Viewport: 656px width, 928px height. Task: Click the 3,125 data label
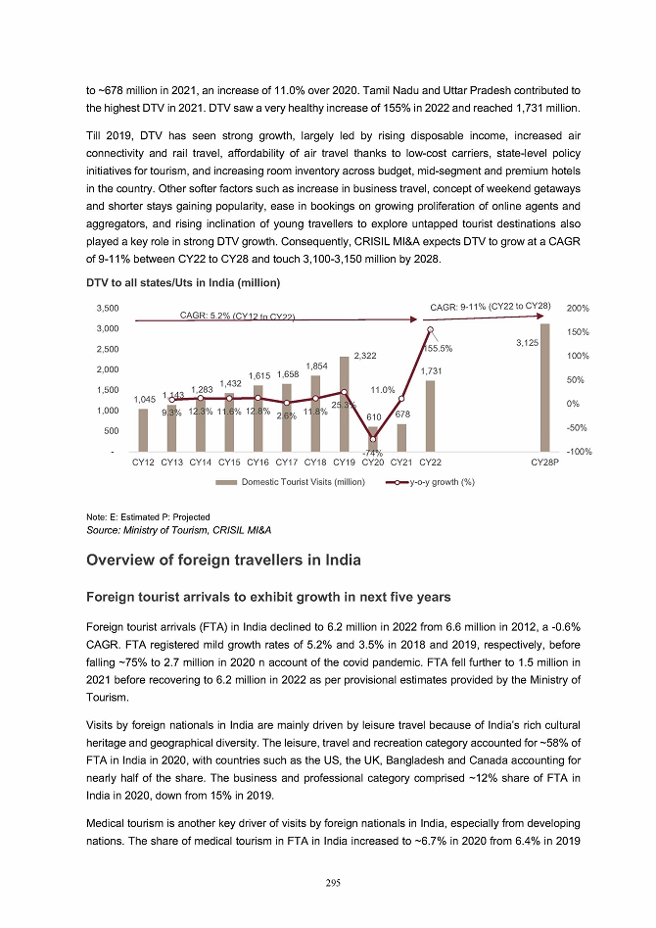click(x=529, y=343)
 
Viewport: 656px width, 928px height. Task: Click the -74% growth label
click(x=372, y=453)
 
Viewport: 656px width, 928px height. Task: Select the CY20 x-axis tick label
click(x=372, y=462)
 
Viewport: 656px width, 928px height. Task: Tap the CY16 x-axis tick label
click(x=258, y=462)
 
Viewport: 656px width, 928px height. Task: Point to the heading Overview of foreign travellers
click(x=223, y=560)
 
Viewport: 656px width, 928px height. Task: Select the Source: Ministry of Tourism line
click(x=179, y=529)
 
